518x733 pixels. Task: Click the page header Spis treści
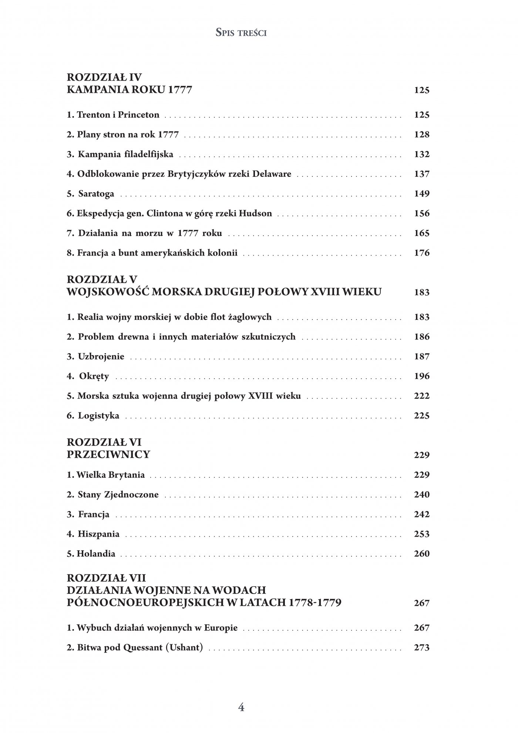(x=241, y=33)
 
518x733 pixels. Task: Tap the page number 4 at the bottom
(x=241, y=707)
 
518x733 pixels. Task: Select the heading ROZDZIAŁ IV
(x=104, y=77)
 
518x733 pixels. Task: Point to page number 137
(x=421, y=174)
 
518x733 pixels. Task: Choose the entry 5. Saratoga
(x=91, y=194)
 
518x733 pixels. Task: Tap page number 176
(x=421, y=253)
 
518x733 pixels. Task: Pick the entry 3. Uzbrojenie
(x=96, y=357)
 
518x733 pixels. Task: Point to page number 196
(x=421, y=376)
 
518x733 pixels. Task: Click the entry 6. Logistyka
(x=93, y=416)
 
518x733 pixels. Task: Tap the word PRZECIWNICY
(x=108, y=455)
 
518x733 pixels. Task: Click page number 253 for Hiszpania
(x=421, y=534)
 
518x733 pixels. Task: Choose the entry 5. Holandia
(x=91, y=554)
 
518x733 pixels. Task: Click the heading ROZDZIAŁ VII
(x=107, y=578)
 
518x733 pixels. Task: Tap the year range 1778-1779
(x=314, y=603)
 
